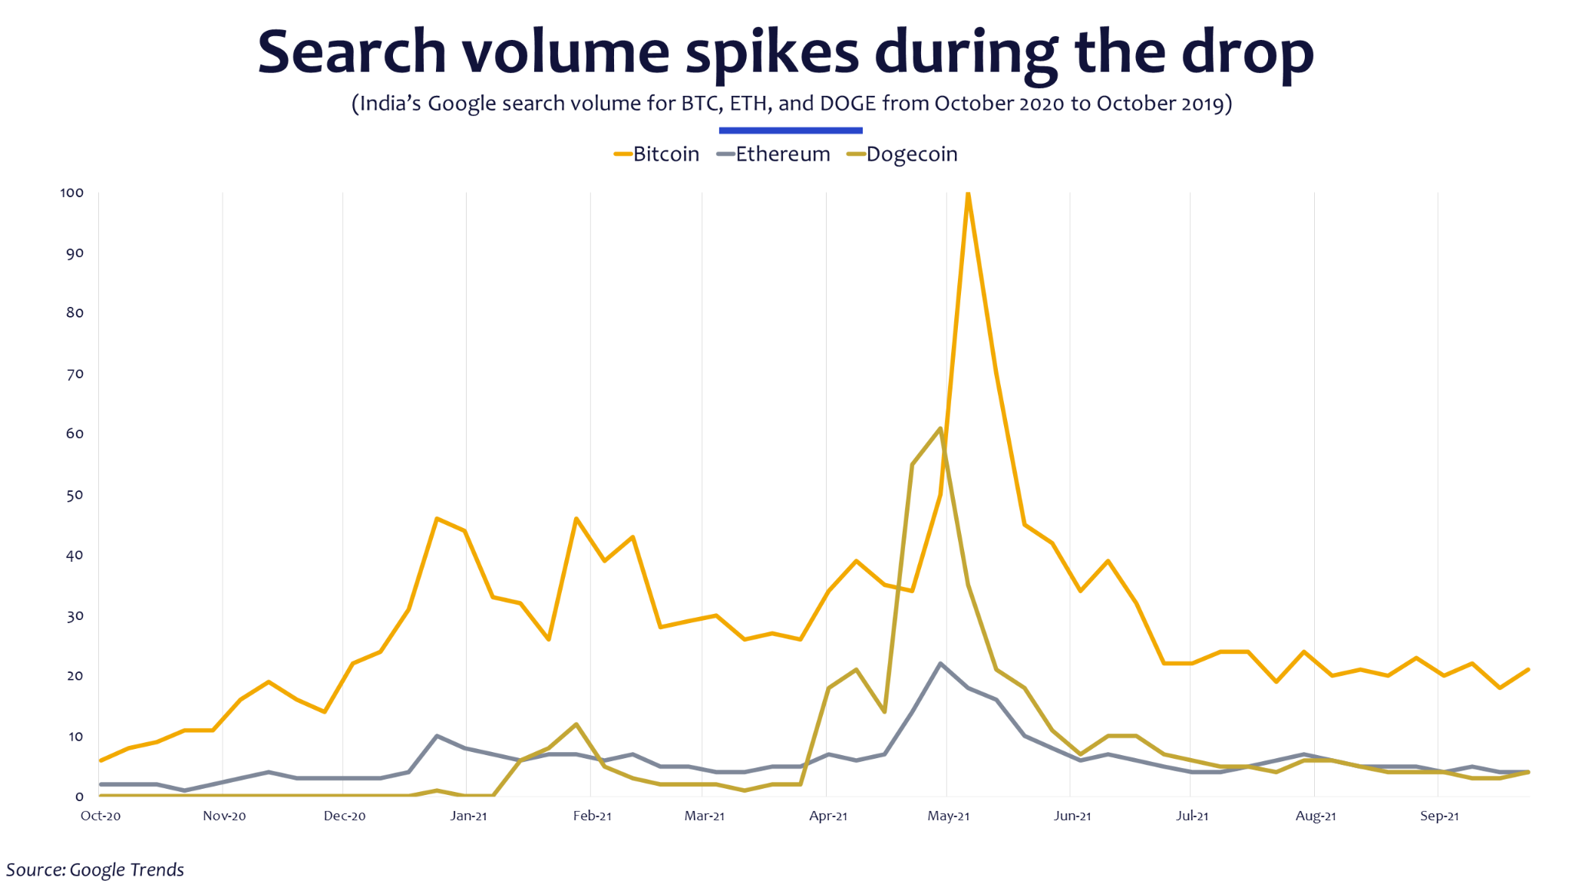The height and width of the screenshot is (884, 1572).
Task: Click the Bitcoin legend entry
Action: [x=657, y=154]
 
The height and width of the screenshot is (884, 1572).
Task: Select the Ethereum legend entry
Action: [x=774, y=154]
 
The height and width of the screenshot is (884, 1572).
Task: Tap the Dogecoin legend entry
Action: [x=903, y=154]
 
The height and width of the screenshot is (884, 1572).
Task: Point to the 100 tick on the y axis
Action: [x=72, y=193]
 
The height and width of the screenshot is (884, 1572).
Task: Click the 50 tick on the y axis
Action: [x=74, y=495]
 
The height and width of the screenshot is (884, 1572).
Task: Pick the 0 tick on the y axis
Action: [x=79, y=797]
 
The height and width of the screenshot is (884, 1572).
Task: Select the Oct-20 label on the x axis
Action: [x=101, y=816]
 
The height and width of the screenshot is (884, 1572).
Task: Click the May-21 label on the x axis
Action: [x=948, y=816]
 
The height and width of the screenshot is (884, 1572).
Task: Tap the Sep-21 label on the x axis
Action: [x=1439, y=816]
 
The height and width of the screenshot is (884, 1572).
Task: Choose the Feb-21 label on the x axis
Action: [x=592, y=816]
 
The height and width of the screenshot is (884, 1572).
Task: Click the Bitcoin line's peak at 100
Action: [x=968, y=193]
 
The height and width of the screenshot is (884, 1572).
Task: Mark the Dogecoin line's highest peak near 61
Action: [x=940, y=428]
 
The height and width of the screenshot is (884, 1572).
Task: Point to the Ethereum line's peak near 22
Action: [x=940, y=664]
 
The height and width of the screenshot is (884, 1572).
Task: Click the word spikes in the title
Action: [x=771, y=52]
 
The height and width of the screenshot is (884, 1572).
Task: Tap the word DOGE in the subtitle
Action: [x=847, y=104]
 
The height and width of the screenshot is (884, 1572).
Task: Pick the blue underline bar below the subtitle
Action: [x=791, y=130]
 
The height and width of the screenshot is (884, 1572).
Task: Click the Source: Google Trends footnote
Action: [x=95, y=869]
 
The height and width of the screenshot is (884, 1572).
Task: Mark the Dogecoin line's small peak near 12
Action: [x=576, y=724]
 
